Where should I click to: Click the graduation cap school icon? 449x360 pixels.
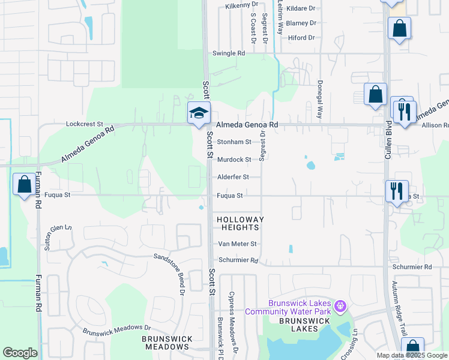pyautogui.click(x=199, y=112)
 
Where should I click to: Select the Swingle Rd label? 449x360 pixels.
pyautogui.click(x=229, y=53)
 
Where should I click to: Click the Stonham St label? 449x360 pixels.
pyautogui.click(x=234, y=142)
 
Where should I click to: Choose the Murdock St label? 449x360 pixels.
pyautogui.click(x=234, y=160)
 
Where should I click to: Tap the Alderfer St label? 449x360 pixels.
pyautogui.click(x=233, y=177)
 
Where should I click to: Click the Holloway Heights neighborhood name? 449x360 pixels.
pyautogui.click(x=239, y=224)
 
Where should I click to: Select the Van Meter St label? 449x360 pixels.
pyautogui.click(x=237, y=244)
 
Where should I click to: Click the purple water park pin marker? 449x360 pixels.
pyautogui.click(x=340, y=307)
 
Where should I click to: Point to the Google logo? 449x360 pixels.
pyautogui.click(x=20, y=353)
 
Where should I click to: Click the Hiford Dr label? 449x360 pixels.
pyautogui.click(x=301, y=38)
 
